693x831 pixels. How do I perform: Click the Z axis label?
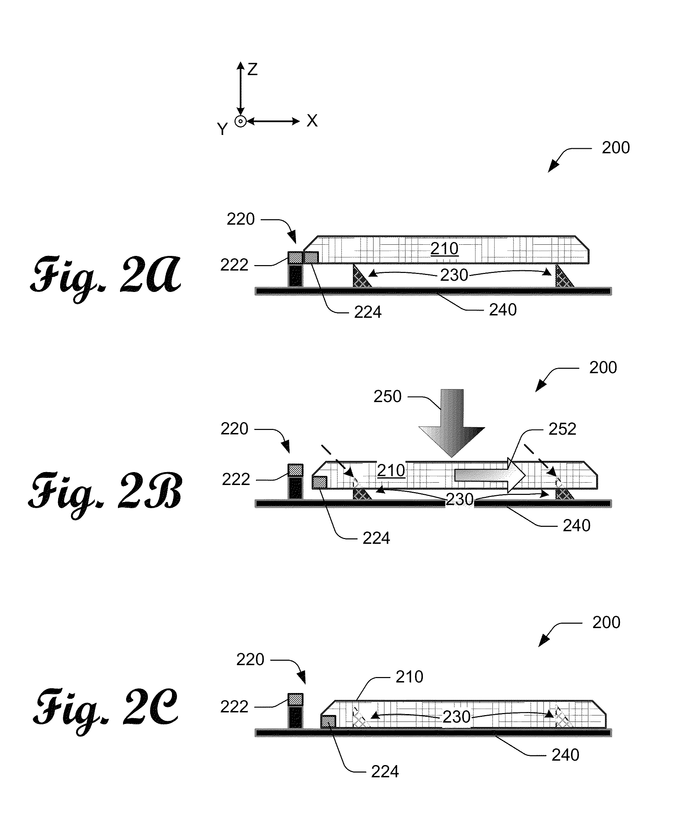(x=252, y=70)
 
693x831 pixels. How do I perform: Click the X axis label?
(x=312, y=121)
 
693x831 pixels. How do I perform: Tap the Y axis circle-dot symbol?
(x=240, y=121)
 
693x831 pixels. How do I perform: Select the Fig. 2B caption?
(x=106, y=492)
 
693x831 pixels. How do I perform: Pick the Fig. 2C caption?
(x=106, y=708)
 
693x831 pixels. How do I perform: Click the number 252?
(x=562, y=429)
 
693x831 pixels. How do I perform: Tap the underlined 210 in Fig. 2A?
(x=444, y=249)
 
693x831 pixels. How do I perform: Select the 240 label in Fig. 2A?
(x=503, y=310)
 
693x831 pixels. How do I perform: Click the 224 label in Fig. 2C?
(x=385, y=772)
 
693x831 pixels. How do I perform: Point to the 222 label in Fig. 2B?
(x=236, y=480)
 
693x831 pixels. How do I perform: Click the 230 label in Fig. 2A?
(x=454, y=275)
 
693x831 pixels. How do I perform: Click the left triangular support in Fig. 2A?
(x=360, y=277)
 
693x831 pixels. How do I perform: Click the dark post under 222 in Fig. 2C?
(x=295, y=717)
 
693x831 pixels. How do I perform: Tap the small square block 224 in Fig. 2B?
(x=320, y=483)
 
